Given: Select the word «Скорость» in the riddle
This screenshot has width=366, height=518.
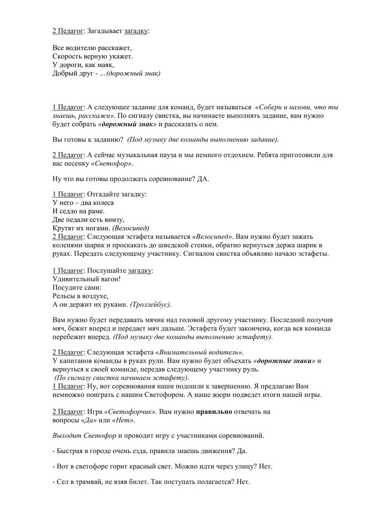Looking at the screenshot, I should (x=67, y=56).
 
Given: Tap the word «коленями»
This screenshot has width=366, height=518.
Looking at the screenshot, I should (x=68, y=245).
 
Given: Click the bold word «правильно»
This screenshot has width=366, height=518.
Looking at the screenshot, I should (x=215, y=412).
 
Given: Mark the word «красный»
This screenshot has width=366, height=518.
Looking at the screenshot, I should (x=149, y=467).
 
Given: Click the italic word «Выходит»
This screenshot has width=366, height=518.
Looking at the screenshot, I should (x=68, y=434).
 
